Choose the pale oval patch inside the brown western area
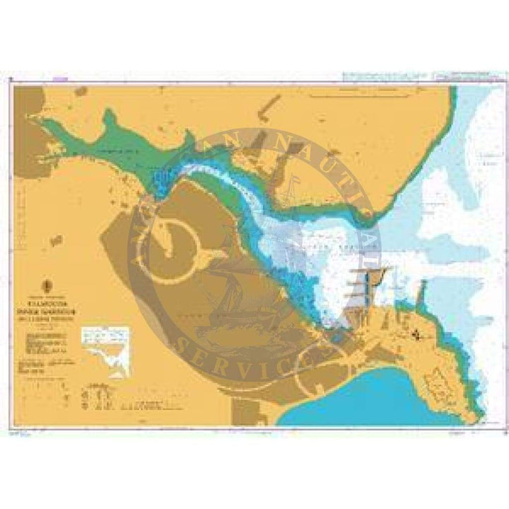170,234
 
